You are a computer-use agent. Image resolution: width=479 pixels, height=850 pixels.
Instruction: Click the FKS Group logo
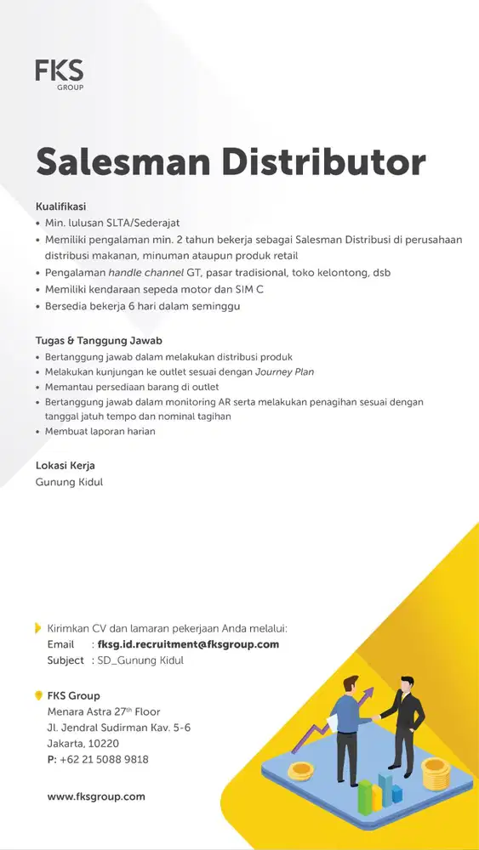60,74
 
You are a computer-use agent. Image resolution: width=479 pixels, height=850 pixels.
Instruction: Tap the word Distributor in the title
331,161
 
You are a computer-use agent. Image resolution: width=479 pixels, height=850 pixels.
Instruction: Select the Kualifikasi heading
60,206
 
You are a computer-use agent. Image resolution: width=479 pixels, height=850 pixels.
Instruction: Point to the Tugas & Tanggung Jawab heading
98,341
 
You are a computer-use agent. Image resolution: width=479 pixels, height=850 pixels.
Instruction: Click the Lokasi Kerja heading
65,466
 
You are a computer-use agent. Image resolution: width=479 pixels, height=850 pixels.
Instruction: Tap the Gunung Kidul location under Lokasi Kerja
69,482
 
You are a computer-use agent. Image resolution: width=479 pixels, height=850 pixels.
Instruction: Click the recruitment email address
188,644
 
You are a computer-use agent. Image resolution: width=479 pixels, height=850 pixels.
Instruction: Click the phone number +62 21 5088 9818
104,759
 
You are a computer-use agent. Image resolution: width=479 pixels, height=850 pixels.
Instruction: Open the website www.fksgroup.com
96,796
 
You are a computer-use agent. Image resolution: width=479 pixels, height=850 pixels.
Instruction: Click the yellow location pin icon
38,695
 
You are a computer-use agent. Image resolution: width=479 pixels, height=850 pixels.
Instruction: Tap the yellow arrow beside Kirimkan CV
37,629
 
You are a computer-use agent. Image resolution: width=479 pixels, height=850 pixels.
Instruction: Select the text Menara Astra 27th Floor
104,711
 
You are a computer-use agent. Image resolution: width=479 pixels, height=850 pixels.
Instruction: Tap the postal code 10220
103,743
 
